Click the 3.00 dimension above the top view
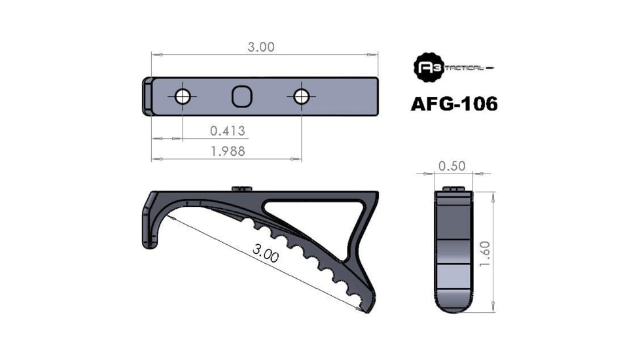tap(261, 46)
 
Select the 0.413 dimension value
tap(227, 131)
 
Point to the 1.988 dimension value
tap(227, 151)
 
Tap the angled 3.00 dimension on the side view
tap(264, 253)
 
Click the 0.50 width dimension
tap(452, 166)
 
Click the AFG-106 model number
tap(453, 104)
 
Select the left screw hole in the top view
tap(183, 97)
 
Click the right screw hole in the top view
tap(301, 97)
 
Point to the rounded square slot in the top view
tap(241, 97)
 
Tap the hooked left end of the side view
tap(149, 226)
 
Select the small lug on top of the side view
tap(242, 189)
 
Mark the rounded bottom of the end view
tap(453, 302)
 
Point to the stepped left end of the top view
tap(148, 97)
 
